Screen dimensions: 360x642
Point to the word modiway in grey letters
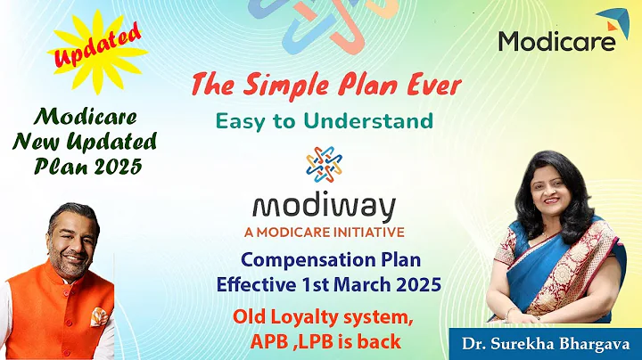[x=324, y=207]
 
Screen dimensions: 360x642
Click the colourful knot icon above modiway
[x=324, y=165]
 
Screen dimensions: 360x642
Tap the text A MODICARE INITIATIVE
[x=324, y=232]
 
